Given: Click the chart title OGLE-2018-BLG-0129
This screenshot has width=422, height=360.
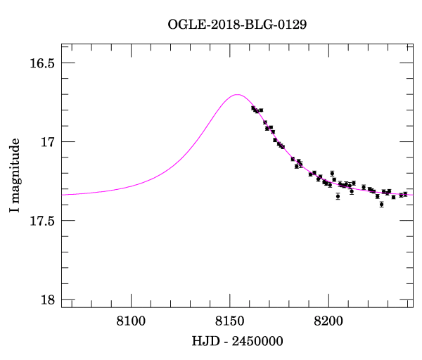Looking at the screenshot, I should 237,24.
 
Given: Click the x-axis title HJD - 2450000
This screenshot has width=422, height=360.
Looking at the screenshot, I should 238,341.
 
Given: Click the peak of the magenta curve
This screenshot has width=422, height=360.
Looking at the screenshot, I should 238,94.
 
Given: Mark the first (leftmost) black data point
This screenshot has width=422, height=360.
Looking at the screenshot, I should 253,108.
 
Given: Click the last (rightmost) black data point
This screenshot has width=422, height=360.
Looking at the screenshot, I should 405,194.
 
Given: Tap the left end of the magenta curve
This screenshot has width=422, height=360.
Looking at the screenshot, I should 63,194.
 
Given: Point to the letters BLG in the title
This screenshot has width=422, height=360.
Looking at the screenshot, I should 256,24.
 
